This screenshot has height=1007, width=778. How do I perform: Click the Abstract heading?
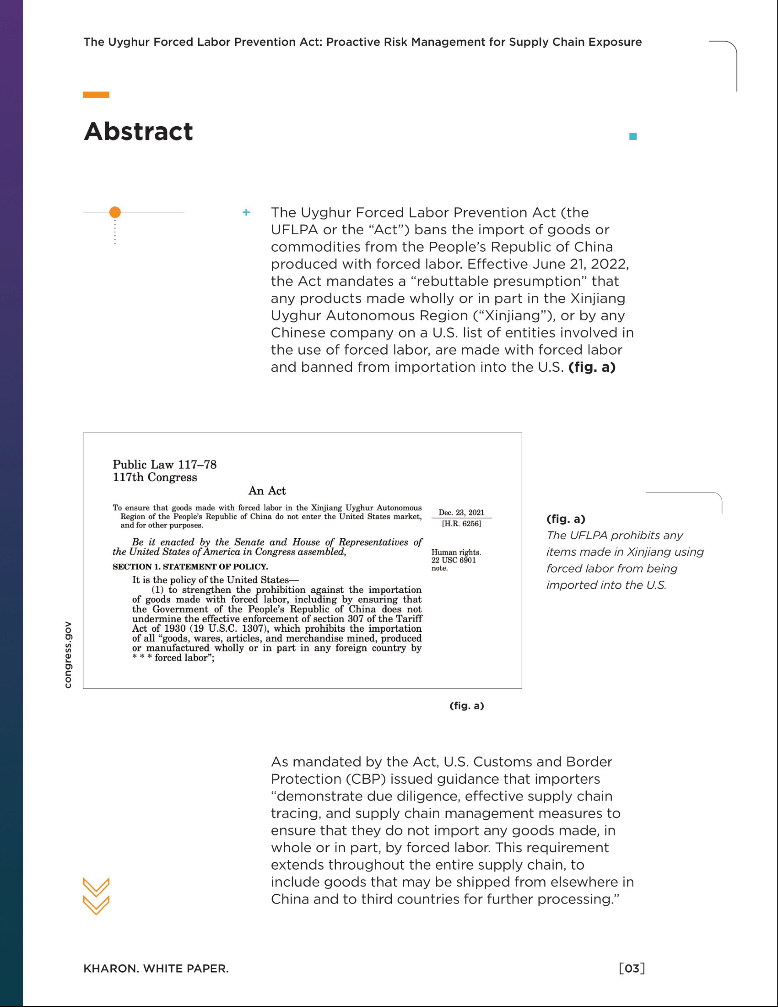coord(138,132)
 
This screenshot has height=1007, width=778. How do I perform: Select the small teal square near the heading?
coord(633,136)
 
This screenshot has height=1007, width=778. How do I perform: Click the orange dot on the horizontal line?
coord(115,212)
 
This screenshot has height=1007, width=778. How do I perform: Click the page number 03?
coord(632,968)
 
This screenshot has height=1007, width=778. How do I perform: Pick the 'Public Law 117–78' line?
coord(164,464)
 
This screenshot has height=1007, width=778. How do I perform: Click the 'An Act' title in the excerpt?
coord(267,491)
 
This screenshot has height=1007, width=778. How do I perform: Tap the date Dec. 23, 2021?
coord(461,512)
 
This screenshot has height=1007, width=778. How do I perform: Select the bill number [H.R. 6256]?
coord(461,524)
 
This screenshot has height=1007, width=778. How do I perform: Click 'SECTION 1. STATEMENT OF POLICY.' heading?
coord(190,567)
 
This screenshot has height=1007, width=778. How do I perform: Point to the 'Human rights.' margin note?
coord(456,552)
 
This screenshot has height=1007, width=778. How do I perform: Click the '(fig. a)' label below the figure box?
coord(466,706)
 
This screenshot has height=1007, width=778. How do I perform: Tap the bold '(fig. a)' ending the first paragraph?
coord(592,367)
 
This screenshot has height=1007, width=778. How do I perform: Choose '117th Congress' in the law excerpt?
coord(155,477)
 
